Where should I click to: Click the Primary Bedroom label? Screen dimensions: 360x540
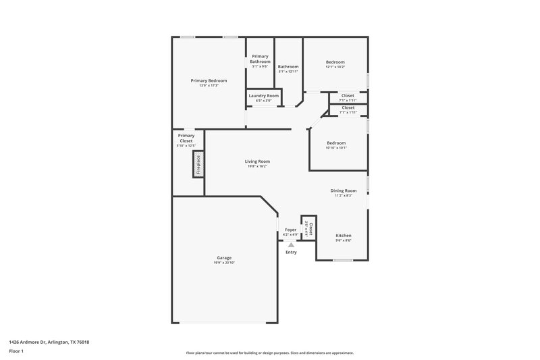[208, 80]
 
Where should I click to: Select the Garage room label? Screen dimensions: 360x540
[224, 257]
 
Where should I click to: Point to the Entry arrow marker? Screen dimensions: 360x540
[291, 245]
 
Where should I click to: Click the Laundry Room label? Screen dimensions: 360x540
[263, 96]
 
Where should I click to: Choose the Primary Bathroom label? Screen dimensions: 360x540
[260, 59]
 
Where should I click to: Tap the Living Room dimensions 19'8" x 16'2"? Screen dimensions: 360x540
[256, 166]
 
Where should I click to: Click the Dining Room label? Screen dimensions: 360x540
[343, 191]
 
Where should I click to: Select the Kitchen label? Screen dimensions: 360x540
[344, 235]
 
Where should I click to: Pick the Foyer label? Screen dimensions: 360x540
[291, 230]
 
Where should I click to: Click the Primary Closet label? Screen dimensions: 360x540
[186, 138]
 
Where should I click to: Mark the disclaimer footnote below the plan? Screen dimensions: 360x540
[269, 353]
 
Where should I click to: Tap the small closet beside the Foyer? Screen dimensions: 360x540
[308, 227]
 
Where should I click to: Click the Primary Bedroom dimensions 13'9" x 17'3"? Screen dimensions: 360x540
[208, 85]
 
